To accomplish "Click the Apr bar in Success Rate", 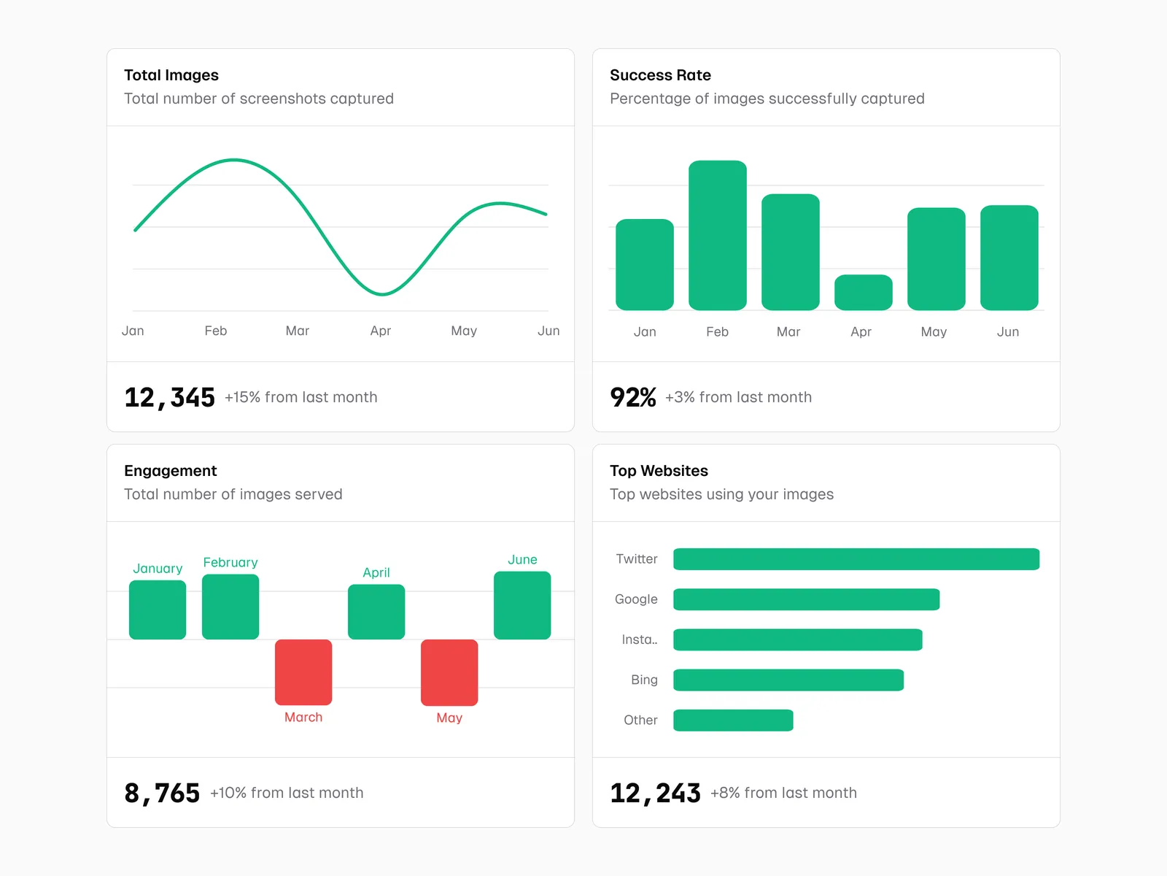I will pos(863,293).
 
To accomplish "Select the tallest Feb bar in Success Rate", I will pos(717,235).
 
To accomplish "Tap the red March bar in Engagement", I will pos(303,672).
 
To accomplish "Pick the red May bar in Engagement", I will pos(449,672).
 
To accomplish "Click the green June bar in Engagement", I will pos(522,605).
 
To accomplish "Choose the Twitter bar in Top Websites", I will pos(856,559).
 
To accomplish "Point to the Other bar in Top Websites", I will pos(733,720).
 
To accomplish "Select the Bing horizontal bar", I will pos(788,680).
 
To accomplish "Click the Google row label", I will pos(636,599).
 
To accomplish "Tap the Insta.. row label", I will pos(639,639).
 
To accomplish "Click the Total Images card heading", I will pos(171,75).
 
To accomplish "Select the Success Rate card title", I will pos(660,75).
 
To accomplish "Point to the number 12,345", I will pos(169,398).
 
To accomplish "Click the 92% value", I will pos(632,398).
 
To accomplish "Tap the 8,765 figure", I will pos(162,794).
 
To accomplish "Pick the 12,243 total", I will pos(655,794).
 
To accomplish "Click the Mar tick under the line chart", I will pos(298,331).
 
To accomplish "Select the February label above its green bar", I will pos(230,562).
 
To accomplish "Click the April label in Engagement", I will pos(376,572).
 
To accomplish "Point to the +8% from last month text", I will pos(783,793).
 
